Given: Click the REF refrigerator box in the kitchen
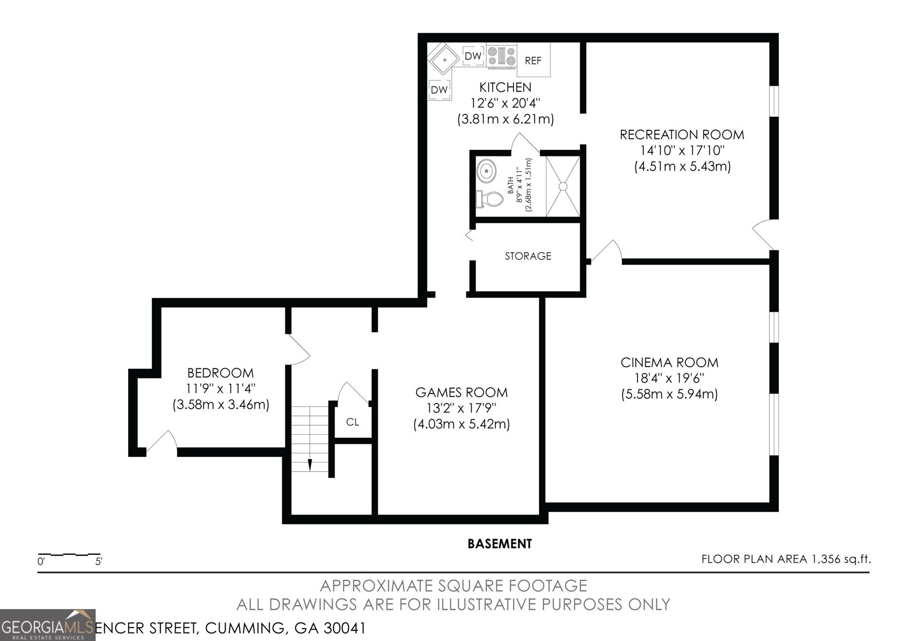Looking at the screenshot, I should [x=533, y=60].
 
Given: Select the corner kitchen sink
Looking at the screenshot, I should [x=443, y=59].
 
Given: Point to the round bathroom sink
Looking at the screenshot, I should [x=486, y=169].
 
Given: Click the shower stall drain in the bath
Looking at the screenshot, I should [x=563, y=185].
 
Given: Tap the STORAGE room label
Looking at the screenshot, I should [x=528, y=256].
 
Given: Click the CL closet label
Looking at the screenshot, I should [x=353, y=422].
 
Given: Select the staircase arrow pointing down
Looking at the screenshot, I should [x=310, y=464].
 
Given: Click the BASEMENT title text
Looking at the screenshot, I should [x=499, y=544].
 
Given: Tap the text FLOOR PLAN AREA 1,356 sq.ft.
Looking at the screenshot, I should [x=786, y=559].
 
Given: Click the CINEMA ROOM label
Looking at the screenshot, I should [x=669, y=362].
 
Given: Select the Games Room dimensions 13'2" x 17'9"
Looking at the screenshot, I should [x=461, y=408].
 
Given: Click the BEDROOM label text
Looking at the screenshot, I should [x=221, y=373].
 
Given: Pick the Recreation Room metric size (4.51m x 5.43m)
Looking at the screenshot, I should [x=682, y=167].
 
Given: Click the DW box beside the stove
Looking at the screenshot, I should [x=473, y=56].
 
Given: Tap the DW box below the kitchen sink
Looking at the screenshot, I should [x=439, y=90].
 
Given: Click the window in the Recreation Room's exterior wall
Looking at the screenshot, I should [x=774, y=101].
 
